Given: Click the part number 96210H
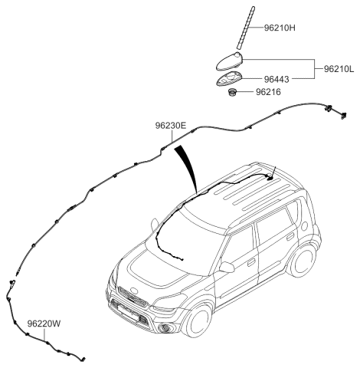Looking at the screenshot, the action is tap(280, 28).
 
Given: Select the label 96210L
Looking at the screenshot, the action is tap(339, 69).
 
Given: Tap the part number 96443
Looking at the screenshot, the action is tap(277, 80).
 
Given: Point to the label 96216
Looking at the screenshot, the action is tap(268, 92).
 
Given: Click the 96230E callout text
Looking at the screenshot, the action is tap(171, 126).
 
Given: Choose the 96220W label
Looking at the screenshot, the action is tap(44, 324).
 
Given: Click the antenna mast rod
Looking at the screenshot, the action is tap(246, 28).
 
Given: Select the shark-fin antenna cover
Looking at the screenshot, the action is tap(229, 61).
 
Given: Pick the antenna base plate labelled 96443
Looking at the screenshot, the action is tap(230, 78).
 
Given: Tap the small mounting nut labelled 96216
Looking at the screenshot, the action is tap(232, 92).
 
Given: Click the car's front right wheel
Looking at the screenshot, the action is tap(200, 320).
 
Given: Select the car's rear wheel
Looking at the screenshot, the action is tap(303, 262).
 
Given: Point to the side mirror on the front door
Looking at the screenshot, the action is tap(227, 267).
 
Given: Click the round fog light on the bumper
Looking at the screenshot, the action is tap(164, 328).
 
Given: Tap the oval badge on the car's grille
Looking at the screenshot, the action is tap(134, 291).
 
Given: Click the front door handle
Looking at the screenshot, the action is tap(251, 263).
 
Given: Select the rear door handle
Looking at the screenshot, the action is tap(290, 237).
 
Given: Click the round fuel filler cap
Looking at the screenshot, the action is tap(304, 226).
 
